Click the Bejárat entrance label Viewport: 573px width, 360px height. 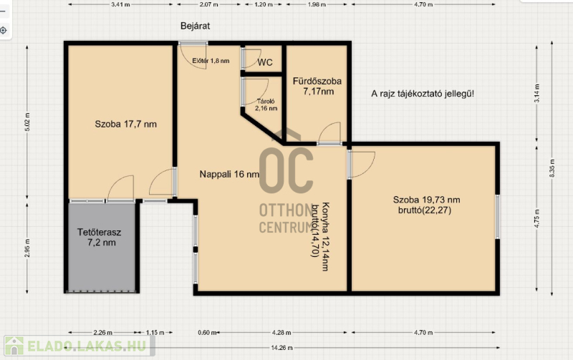point(195,26)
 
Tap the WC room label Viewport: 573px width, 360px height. point(265,62)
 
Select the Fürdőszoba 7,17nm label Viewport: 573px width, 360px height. point(317,86)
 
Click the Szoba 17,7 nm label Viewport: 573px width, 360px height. point(126,124)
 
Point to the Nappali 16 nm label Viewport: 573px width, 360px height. point(229,174)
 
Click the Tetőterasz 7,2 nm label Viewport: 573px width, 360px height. point(100,238)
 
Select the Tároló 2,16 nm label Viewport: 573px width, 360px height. point(266,104)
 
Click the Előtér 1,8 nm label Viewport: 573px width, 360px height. point(211,61)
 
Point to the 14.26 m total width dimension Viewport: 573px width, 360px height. point(281,348)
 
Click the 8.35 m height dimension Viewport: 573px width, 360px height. point(552,169)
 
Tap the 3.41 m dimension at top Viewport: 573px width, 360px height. point(120,5)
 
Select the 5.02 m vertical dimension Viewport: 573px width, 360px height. point(27,122)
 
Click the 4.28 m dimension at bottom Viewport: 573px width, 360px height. point(281,333)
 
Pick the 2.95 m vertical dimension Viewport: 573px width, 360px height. point(27,248)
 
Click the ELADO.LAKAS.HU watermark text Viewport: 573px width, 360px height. point(87,346)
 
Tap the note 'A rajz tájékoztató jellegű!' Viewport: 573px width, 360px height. point(423,94)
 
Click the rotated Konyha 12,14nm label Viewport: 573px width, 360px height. point(325,237)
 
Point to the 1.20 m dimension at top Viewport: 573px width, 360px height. point(264,5)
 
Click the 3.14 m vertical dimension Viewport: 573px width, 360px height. point(536,93)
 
